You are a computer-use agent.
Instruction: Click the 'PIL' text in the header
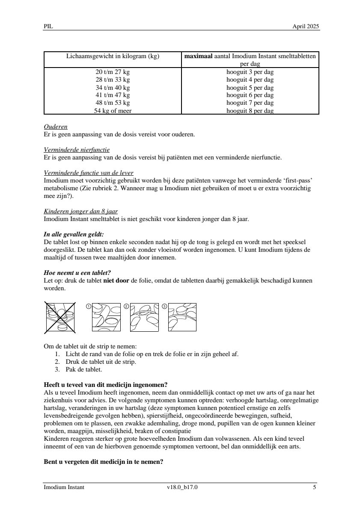[x=48, y=26]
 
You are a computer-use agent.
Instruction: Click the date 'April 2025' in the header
[x=306, y=26]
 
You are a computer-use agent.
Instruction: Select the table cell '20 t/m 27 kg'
[x=113, y=72]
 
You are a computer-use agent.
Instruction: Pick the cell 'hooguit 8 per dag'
[x=250, y=111]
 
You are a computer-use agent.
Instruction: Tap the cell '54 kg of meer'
[x=113, y=111]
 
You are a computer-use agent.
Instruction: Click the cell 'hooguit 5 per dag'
[x=250, y=87]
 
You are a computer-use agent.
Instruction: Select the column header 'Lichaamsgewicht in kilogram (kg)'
[x=113, y=56]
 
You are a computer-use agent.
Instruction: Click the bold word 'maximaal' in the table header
[x=198, y=56]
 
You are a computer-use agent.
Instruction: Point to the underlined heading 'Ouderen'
[x=56, y=127]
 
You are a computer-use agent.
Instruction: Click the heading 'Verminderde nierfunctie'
[x=77, y=150]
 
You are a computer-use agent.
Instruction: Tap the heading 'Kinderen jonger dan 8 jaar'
[x=81, y=212]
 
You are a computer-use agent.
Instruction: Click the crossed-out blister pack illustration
[x=60, y=317]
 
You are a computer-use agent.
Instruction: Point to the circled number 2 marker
[x=126, y=306]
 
